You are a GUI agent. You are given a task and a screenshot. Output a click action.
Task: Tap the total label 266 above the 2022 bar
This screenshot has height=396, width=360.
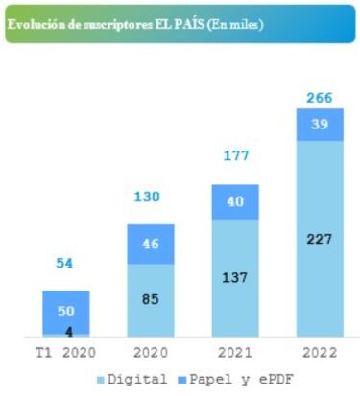320,97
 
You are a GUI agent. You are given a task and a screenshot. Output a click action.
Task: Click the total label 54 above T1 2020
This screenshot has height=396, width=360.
65,263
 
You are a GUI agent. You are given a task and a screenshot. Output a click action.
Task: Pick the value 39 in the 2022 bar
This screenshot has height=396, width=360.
320,125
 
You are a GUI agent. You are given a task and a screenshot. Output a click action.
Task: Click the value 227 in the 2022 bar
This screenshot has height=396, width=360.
320,238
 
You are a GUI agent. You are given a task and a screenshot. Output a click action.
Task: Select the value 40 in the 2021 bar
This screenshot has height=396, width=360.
235,201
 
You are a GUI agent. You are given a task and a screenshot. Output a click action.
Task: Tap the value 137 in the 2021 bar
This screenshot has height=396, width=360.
235,277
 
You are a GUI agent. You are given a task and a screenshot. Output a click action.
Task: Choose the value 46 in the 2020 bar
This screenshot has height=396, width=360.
151,245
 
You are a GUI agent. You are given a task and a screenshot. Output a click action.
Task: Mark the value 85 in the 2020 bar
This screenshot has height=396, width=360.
151,299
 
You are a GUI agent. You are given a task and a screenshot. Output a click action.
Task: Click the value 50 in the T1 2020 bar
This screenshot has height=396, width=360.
65,313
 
